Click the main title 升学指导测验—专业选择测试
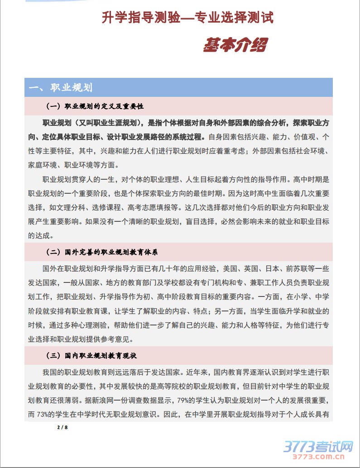click(187, 18)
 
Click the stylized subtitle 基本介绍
click(235, 45)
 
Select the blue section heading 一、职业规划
click(61, 87)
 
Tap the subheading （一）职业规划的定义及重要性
click(95, 106)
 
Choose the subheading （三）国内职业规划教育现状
click(91, 356)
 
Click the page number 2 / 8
click(62, 427)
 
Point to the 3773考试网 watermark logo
click(318, 447)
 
